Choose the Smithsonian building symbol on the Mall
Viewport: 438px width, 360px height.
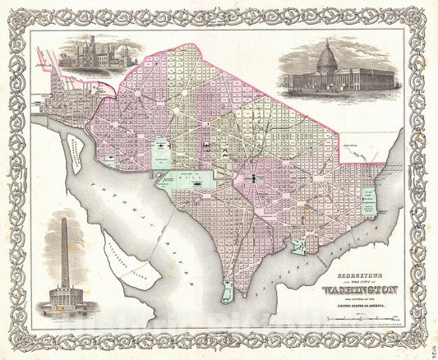[x=197, y=185]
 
